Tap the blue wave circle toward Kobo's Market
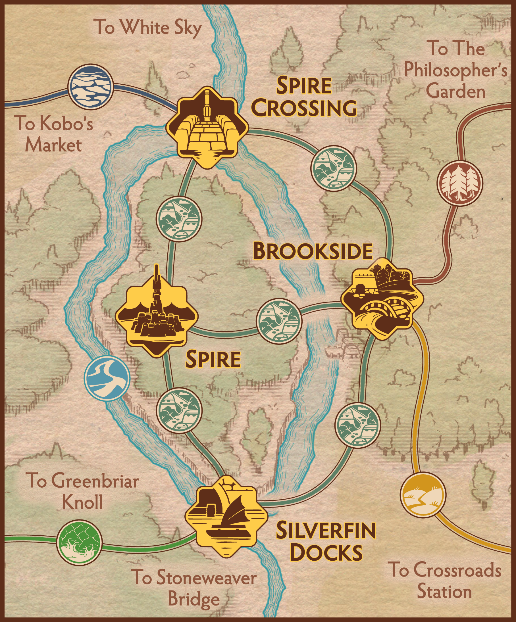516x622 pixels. pyautogui.click(x=90, y=87)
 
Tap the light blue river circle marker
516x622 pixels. pyautogui.click(x=107, y=378)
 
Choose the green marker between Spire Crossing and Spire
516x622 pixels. pyautogui.click(x=179, y=219)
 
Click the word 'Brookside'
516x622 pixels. pyautogui.click(x=313, y=251)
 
